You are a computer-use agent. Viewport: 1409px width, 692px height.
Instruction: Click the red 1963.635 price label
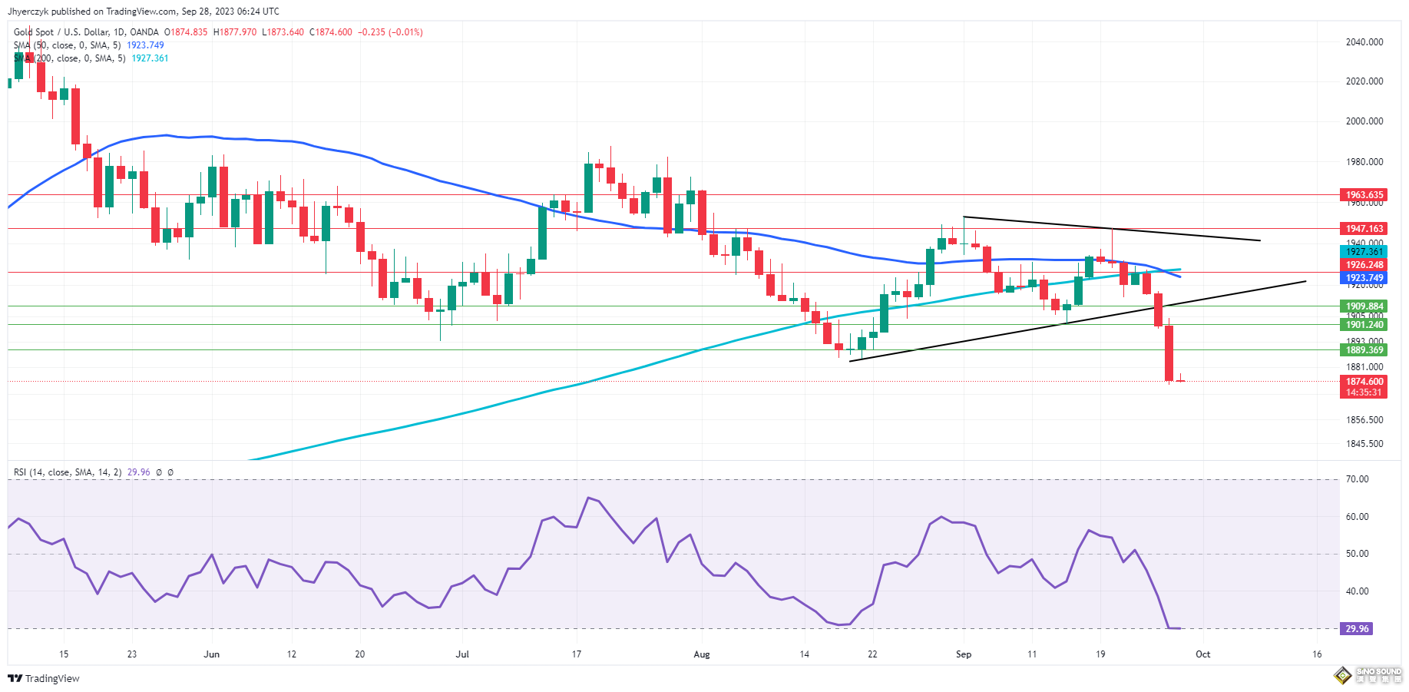point(1364,195)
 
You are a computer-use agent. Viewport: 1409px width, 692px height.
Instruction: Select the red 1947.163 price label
point(1364,229)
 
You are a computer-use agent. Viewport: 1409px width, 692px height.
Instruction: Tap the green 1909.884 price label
point(1364,306)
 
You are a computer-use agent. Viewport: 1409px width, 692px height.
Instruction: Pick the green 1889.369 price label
point(1364,350)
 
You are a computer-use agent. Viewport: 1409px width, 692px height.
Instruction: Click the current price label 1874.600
point(1364,382)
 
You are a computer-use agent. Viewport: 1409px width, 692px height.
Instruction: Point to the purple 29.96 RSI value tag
point(1356,629)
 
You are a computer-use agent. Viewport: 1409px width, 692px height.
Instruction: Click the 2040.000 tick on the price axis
point(1364,42)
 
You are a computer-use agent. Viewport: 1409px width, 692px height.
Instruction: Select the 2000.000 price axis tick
point(1364,121)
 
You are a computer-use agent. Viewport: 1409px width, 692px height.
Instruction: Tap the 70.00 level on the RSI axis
point(1357,479)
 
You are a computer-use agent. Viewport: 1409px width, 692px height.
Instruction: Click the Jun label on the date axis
point(211,654)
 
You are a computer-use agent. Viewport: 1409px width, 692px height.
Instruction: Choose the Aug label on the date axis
point(701,654)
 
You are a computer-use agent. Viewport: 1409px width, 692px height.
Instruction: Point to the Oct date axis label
point(1202,654)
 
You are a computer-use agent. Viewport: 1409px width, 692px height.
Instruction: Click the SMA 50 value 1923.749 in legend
point(145,45)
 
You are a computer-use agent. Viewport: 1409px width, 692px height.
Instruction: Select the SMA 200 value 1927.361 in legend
point(150,58)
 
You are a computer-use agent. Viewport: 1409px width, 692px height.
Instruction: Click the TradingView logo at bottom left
point(44,678)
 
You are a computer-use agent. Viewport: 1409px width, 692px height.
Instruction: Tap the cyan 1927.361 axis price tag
point(1364,252)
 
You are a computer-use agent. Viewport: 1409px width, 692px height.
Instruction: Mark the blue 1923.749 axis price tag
point(1364,278)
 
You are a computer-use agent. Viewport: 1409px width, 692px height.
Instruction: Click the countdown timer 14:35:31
point(1364,392)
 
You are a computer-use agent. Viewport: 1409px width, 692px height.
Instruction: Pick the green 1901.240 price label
point(1364,325)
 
